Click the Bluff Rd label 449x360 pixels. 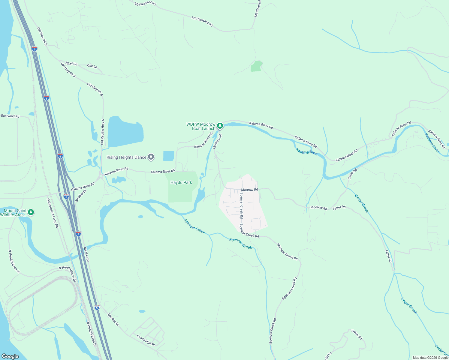(x=71, y=64)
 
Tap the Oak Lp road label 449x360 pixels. (x=92, y=66)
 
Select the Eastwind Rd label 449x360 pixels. (x=10, y=116)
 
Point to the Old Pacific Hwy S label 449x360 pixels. (x=102, y=132)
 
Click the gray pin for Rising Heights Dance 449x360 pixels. (x=151, y=157)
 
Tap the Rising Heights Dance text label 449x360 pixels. (x=126, y=157)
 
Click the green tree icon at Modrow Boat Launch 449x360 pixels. (x=220, y=125)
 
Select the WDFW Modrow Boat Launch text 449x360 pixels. (x=201, y=126)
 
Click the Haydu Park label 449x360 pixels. (x=181, y=182)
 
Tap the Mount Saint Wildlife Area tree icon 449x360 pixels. (x=31, y=212)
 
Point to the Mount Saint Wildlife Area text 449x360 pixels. (x=13, y=213)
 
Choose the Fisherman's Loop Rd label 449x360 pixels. (x=53, y=213)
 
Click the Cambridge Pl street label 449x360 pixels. (x=146, y=340)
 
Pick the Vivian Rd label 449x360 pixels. (x=357, y=334)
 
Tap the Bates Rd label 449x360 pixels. (x=352, y=174)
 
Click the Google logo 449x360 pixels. (x=10, y=356)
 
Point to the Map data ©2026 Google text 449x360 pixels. (x=430, y=358)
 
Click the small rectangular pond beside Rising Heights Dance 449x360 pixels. (x=168, y=156)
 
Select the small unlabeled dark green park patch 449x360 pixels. (x=256, y=66)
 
